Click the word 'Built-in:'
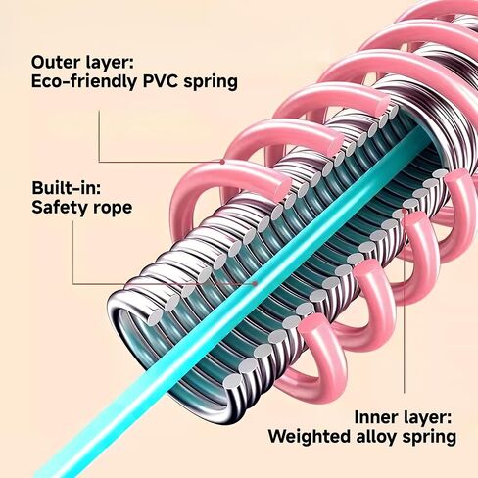[x=67, y=188]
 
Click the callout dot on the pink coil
[x=222, y=162]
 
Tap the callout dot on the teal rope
[x=255, y=284]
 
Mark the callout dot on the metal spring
[x=405, y=212]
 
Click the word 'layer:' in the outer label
[x=110, y=62]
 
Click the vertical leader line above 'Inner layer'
[x=405, y=302]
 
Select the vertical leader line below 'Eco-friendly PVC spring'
[x=99, y=136]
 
